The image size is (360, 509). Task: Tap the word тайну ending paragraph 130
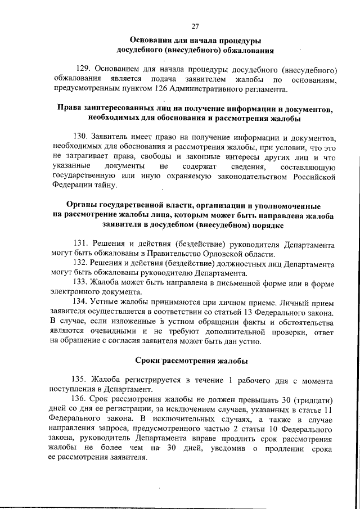[x=102, y=186]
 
